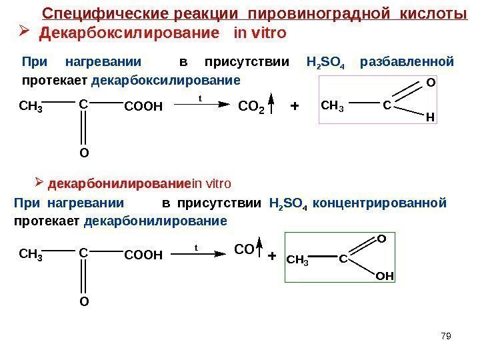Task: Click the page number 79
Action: [x=446, y=335]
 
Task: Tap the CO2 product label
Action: [x=251, y=106]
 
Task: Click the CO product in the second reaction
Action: [x=245, y=250]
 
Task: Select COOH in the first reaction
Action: [x=143, y=105]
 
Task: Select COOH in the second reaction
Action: [x=143, y=254]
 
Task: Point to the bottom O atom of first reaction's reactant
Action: [x=84, y=153]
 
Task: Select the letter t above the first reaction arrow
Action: [x=200, y=97]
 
